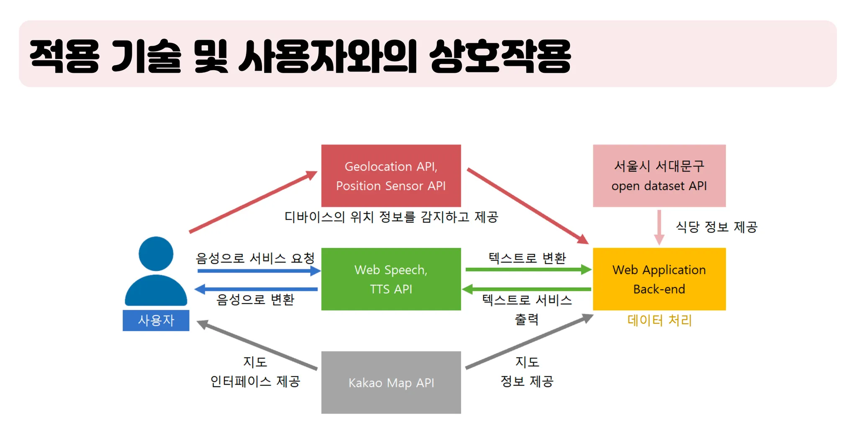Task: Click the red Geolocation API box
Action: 391,176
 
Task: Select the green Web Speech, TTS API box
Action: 391,279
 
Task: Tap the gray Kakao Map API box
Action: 391,382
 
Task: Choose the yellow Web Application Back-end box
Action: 659,279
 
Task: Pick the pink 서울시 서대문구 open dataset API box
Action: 659,176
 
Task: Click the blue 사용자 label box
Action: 156,320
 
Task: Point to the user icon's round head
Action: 156,254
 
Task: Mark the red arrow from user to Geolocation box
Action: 253,202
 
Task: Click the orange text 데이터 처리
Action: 659,321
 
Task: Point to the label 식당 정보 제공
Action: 716,227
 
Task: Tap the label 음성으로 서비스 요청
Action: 255,258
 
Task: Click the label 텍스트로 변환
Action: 527,258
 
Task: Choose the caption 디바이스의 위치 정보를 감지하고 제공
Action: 391,217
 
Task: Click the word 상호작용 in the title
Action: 500,56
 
